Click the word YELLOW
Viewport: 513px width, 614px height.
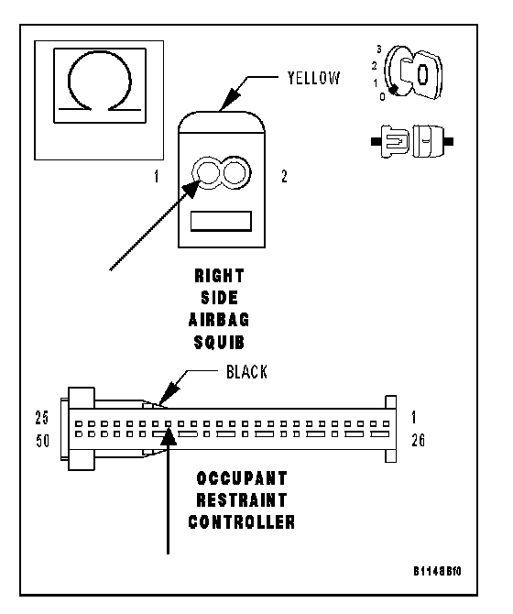point(314,78)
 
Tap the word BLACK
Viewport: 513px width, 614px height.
point(246,372)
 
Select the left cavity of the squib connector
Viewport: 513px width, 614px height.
point(208,173)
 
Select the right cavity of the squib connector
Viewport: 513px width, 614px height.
point(235,172)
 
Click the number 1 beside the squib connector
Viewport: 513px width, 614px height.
point(157,177)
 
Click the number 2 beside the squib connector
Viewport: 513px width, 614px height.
point(285,176)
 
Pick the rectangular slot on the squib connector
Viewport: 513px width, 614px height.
point(221,222)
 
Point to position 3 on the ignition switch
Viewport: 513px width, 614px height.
point(378,49)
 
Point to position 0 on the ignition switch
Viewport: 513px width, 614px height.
point(382,96)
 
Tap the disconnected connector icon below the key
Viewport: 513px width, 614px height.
point(412,141)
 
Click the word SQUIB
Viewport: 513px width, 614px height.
point(219,343)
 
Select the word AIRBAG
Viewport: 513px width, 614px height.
point(219,320)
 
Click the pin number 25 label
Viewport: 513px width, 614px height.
point(42,418)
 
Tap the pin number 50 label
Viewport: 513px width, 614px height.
point(43,442)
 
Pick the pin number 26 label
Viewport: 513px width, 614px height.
point(419,441)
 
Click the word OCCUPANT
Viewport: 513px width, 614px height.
point(242,478)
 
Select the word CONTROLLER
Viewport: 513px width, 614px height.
point(242,522)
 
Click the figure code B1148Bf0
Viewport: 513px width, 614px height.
point(438,571)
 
